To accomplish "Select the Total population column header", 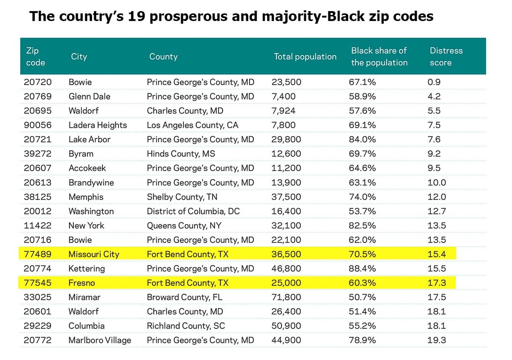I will pos(305,56).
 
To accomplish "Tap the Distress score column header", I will pos(446,56).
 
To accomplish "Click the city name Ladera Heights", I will pos(98,125).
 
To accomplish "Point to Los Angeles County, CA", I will pos(192,125).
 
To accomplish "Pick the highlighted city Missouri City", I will pos(94,254).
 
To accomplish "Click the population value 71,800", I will pos(286,297).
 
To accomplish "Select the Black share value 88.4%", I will pos(362,269).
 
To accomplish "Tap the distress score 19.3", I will pos(436,340).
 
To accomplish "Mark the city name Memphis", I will pos(86,197).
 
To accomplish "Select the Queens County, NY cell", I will pos(184,225).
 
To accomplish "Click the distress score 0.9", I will pos(434,82).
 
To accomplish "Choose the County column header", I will pos(163,56).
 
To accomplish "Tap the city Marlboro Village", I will pos(100,340).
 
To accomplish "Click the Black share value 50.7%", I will pos(362,297).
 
